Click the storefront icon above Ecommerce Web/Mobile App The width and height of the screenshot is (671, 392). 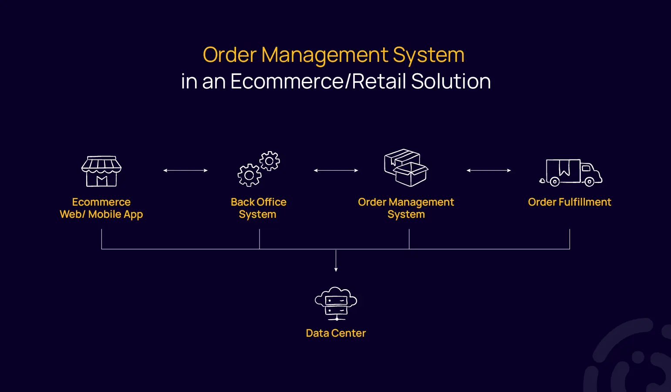[101, 171]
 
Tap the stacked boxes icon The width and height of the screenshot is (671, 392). [406, 168]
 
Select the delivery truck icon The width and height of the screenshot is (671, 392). [571, 172]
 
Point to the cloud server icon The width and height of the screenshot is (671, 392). [336, 304]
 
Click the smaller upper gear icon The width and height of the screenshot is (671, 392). [270, 161]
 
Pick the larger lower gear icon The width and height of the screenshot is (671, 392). [249, 176]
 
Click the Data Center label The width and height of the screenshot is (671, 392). [336, 333]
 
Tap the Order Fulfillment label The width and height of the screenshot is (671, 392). [570, 202]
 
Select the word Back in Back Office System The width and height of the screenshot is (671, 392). [243, 202]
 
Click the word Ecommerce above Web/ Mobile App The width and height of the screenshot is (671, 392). [101, 202]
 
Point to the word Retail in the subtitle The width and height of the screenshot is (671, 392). [379, 81]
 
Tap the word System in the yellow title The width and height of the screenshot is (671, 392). [428, 55]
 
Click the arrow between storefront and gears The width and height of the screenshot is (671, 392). [185, 171]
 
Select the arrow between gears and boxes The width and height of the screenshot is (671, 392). [336, 171]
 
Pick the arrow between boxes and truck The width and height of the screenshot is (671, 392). [489, 171]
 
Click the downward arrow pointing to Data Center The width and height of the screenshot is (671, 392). [336, 261]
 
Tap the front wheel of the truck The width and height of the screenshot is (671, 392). [589, 182]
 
